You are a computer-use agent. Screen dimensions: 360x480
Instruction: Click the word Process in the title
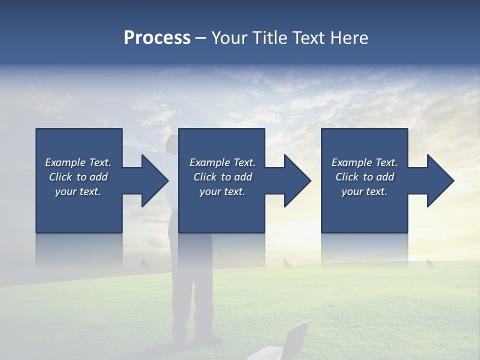tap(157, 38)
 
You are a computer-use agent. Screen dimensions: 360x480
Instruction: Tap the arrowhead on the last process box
tap(440, 180)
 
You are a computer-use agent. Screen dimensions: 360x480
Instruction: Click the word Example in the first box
tap(65, 162)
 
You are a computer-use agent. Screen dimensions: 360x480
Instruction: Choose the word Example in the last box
tap(352, 162)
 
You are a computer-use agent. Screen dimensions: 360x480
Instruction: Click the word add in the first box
tap(99, 177)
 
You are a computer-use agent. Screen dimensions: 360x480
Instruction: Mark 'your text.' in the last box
tap(364, 191)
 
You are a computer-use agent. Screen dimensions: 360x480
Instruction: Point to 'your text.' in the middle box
tap(222, 191)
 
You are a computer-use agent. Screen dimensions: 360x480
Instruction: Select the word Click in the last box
tap(346, 177)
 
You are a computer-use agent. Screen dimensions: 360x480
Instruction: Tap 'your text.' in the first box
tap(78, 191)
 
